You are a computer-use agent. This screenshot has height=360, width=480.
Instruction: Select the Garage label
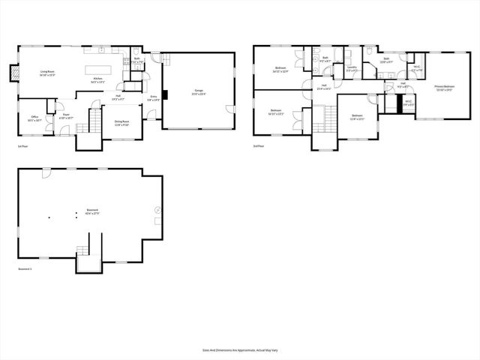click(198, 91)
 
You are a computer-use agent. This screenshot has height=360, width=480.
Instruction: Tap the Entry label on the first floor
click(153, 97)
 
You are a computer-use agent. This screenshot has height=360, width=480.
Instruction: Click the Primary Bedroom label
click(444, 87)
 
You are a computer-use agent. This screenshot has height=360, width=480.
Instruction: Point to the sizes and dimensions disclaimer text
click(239, 349)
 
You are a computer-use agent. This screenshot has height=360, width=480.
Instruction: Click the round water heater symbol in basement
click(157, 210)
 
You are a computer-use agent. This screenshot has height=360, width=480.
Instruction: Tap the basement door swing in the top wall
click(46, 172)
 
